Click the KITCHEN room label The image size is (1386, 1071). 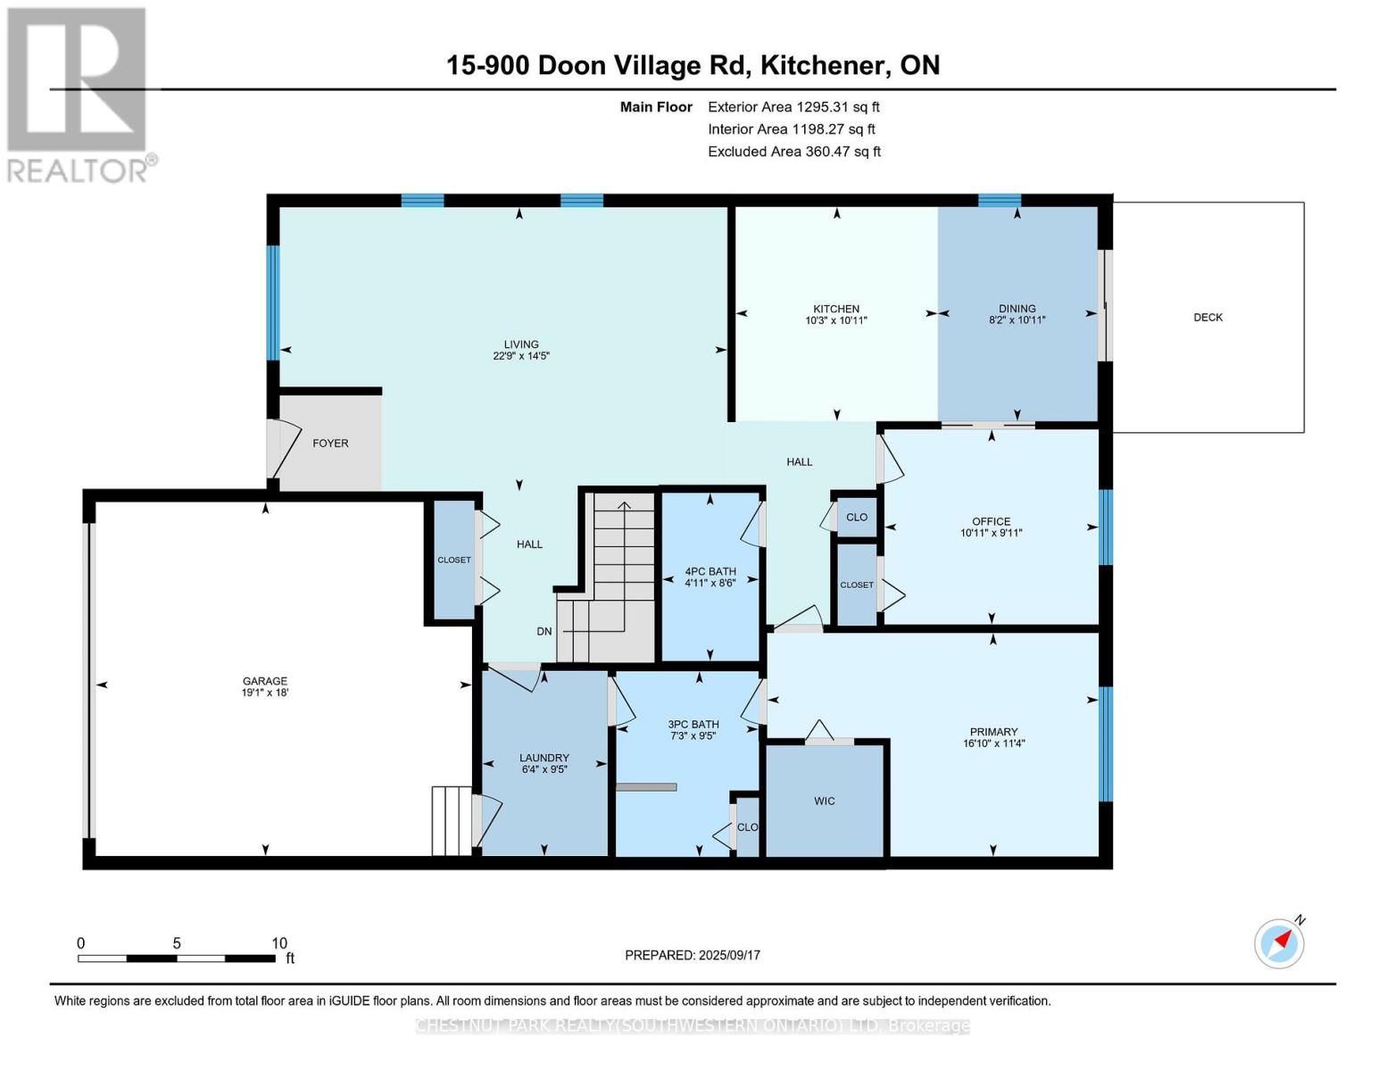pyautogui.click(x=835, y=309)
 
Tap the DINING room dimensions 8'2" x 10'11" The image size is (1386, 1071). pyautogui.click(x=1017, y=320)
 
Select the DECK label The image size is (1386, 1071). pyautogui.click(x=1208, y=317)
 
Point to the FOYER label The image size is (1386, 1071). pyautogui.click(x=330, y=444)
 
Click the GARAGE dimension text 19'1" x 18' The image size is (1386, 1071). pyautogui.click(x=265, y=692)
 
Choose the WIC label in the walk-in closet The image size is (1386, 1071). pyautogui.click(x=824, y=801)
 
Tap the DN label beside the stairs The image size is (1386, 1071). pyautogui.click(x=544, y=632)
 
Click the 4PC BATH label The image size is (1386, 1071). pyautogui.click(x=710, y=571)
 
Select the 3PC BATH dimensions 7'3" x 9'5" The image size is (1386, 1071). pyautogui.click(x=693, y=735)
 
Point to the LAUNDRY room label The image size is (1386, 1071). pyautogui.click(x=544, y=758)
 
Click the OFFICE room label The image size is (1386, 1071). pyautogui.click(x=992, y=521)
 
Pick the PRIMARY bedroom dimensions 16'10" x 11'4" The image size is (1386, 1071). pyautogui.click(x=993, y=743)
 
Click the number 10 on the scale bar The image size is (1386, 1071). pyautogui.click(x=279, y=943)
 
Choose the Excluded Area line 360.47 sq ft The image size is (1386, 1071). pyautogui.click(x=794, y=152)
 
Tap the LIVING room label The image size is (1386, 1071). pyautogui.click(x=521, y=345)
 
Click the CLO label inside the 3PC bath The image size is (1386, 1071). pyautogui.click(x=748, y=827)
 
